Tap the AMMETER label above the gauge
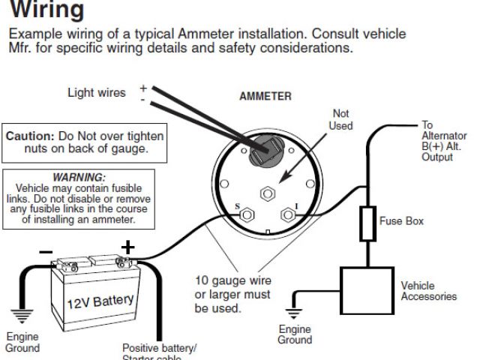click(x=265, y=97)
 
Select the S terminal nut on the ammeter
click(x=244, y=216)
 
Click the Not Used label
click(x=340, y=119)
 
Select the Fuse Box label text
click(x=402, y=221)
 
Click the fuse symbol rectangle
click(x=367, y=223)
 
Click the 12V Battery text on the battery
click(x=100, y=301)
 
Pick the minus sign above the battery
click(x=46, y=250)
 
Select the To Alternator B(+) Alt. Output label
click(x=438, y=141)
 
